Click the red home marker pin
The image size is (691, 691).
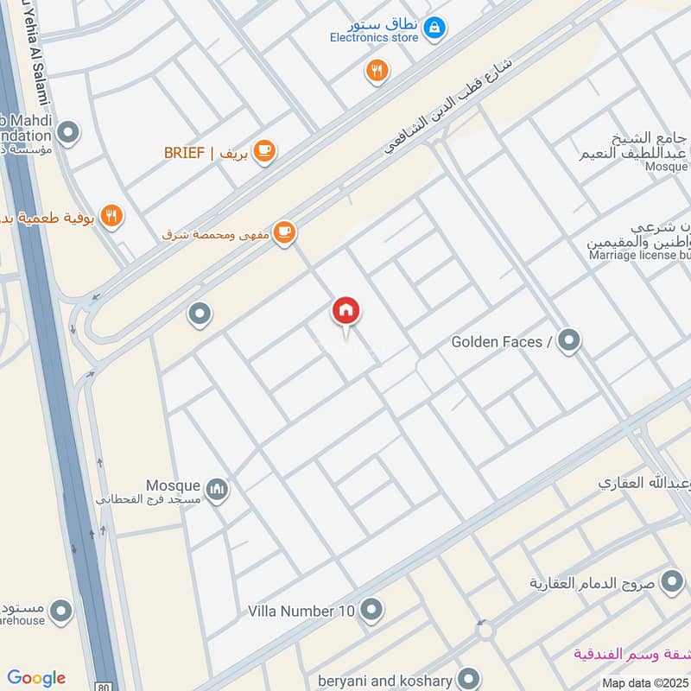pyautogui.click(x=346, y=311)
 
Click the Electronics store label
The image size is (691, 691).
pyautogui.click(x=373, y=37)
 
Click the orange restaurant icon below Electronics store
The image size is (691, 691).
pyautogui.click(x=377, y=71)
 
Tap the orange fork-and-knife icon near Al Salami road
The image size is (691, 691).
pyautogui.click(x=111, y=215)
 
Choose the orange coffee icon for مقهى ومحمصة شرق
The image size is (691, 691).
pyautogui.click(x=284, y=232)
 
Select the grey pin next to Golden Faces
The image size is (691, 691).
pyautogui.click(x=568, y=341)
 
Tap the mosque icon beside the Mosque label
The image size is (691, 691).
pyautogui.click(x=219, y=490)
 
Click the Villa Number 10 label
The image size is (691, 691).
pyautogui.click(x=301, y=612)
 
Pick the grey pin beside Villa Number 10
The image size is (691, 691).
pyautogui.click(x=371, y=611)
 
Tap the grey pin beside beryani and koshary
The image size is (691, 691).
pyautogui.click(x=469, y=678)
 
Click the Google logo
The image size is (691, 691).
pyautogui.click(x=36, y=678)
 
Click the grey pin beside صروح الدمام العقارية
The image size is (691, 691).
pyautogui.click(x=671, y=581)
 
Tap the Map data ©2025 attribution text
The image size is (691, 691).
pyautogui.click(x=644, y=682)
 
